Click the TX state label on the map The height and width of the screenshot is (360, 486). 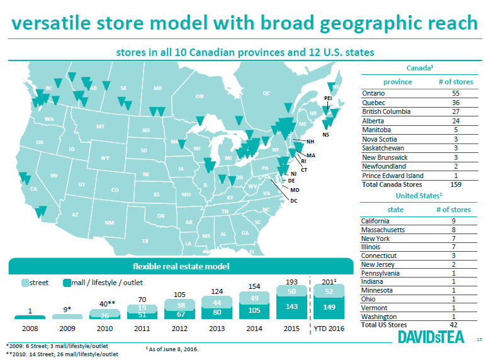coord(145,240)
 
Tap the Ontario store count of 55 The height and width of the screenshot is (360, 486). coord(456,93)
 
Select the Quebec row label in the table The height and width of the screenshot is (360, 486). coord(373,103)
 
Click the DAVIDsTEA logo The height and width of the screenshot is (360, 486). coord(431,337)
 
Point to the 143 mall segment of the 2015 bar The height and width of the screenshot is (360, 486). coord(291,307)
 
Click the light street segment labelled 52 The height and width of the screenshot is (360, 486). coord(329,291)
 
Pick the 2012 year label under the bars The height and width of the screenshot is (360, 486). coord(179,329)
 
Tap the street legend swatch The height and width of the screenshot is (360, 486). coord(25,283)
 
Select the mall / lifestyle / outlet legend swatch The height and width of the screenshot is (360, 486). coord(67,283)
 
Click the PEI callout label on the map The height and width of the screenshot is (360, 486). coord(328,98)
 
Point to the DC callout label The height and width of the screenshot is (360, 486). coord(294,201)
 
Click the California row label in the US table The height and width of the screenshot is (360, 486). coord(375,221)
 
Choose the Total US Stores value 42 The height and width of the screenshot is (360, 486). coord(453,325)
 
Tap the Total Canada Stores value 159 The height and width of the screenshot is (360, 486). coord(456,184)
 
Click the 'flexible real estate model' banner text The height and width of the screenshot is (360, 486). coord(181,266)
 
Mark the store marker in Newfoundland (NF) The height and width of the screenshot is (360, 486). coord(331,87)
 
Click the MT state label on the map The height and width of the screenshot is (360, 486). coord(100,127)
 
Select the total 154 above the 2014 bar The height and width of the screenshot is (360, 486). coord(254,286)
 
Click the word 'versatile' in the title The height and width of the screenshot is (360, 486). coord(51,23)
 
